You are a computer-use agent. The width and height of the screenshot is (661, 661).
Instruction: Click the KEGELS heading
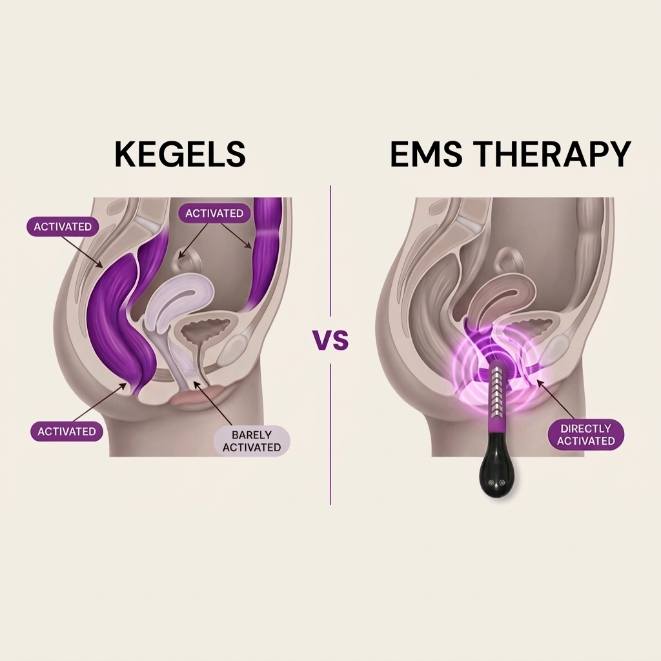tap(180, 154)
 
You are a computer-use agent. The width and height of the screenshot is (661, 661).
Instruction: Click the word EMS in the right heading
tap(429, 154)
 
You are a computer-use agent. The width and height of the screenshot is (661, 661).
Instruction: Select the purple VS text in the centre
tap(330, 340)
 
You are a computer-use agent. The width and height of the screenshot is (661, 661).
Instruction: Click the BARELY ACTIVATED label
tap(252, 440)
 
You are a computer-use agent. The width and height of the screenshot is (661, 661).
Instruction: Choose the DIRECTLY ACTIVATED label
tap(586, 434)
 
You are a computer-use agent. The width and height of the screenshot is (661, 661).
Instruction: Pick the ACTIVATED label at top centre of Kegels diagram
tap(214, 213)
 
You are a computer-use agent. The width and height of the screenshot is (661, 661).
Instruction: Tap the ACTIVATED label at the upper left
tap(63, 227)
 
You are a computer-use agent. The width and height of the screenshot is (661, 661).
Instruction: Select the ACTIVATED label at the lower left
tap(66, 431)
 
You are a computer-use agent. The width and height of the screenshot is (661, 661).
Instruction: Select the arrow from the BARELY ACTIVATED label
tap(212, 403)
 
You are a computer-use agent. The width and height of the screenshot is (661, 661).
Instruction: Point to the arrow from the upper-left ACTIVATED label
tap(82, 252)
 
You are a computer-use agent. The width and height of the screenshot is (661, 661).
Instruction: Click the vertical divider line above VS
tap(330, 251)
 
